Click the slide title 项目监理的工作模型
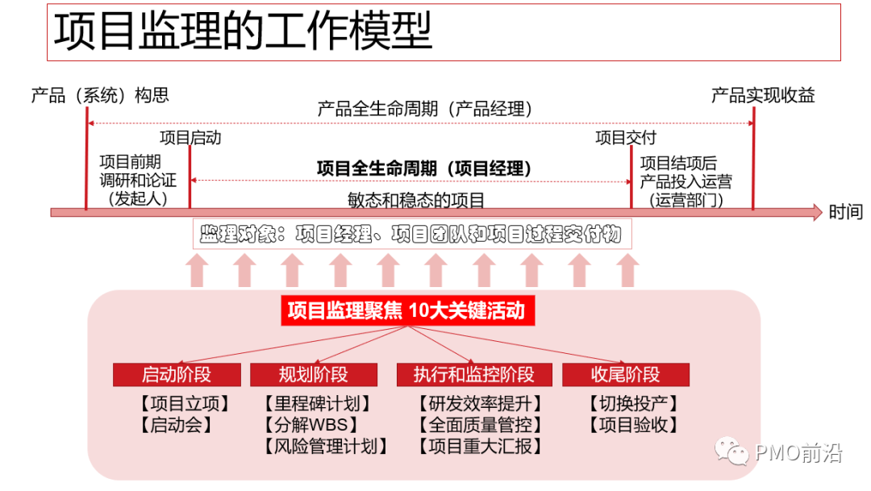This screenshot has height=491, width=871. pos(243,31)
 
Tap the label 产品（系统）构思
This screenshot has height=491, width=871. pos(100,95)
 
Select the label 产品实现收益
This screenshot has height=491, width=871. pos(762,95)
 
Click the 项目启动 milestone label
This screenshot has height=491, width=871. pos(190,137)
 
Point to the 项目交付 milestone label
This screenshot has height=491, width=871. pos(626,137)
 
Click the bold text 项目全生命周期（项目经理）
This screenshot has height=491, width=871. pos(424,169)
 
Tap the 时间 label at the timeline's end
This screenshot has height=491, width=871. pos(845,212)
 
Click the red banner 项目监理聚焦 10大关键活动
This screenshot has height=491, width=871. pos(407,310)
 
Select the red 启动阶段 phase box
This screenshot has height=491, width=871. pos(177,375)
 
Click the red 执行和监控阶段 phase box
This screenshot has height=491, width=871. pos(474,375)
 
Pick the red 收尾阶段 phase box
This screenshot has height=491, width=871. pos(625,375)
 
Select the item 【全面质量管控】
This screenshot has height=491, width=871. pos(480,424)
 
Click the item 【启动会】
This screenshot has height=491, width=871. pos(176,424)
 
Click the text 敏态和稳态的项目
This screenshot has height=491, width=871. pos(416,199)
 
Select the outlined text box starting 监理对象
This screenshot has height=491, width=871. pos(411,235)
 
